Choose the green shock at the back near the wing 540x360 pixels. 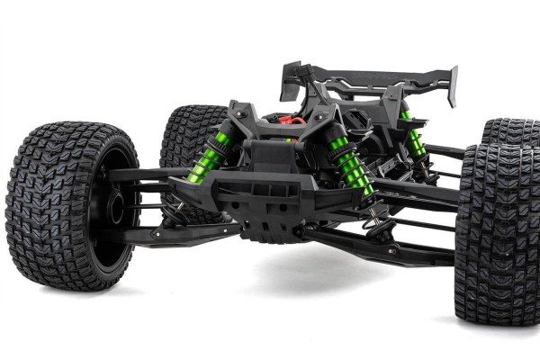point(413,139)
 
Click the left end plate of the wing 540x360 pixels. point(290,81)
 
